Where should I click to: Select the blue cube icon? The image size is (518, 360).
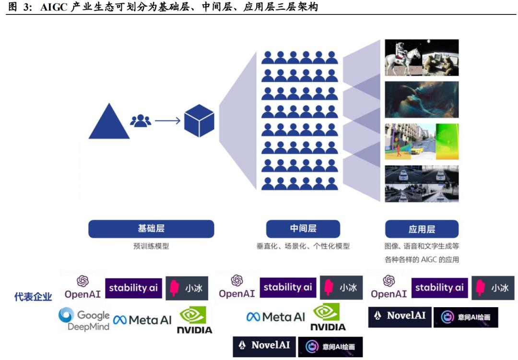(199, 120)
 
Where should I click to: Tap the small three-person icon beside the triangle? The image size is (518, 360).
(141, 120)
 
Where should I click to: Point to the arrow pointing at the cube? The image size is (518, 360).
(167, 120)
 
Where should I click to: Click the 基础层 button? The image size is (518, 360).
(151, 229)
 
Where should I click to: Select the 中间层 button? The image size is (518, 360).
(303, 229)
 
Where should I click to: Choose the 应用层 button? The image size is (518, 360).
(422, 229)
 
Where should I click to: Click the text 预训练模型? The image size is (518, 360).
(151, 246)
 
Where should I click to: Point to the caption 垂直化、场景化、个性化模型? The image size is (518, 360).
(303, 246)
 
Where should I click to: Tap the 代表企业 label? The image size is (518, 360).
(33, 297)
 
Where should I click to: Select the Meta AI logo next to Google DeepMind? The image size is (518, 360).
(142, 320)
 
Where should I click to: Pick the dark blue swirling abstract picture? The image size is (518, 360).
(422, 99)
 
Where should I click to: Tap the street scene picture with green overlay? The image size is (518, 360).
(422, 142)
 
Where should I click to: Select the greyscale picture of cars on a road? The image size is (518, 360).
(422, 183)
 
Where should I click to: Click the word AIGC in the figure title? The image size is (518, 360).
(54, 7)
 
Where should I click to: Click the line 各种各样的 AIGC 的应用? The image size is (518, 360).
(422, 260)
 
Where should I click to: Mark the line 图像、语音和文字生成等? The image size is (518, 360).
(422, 246)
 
